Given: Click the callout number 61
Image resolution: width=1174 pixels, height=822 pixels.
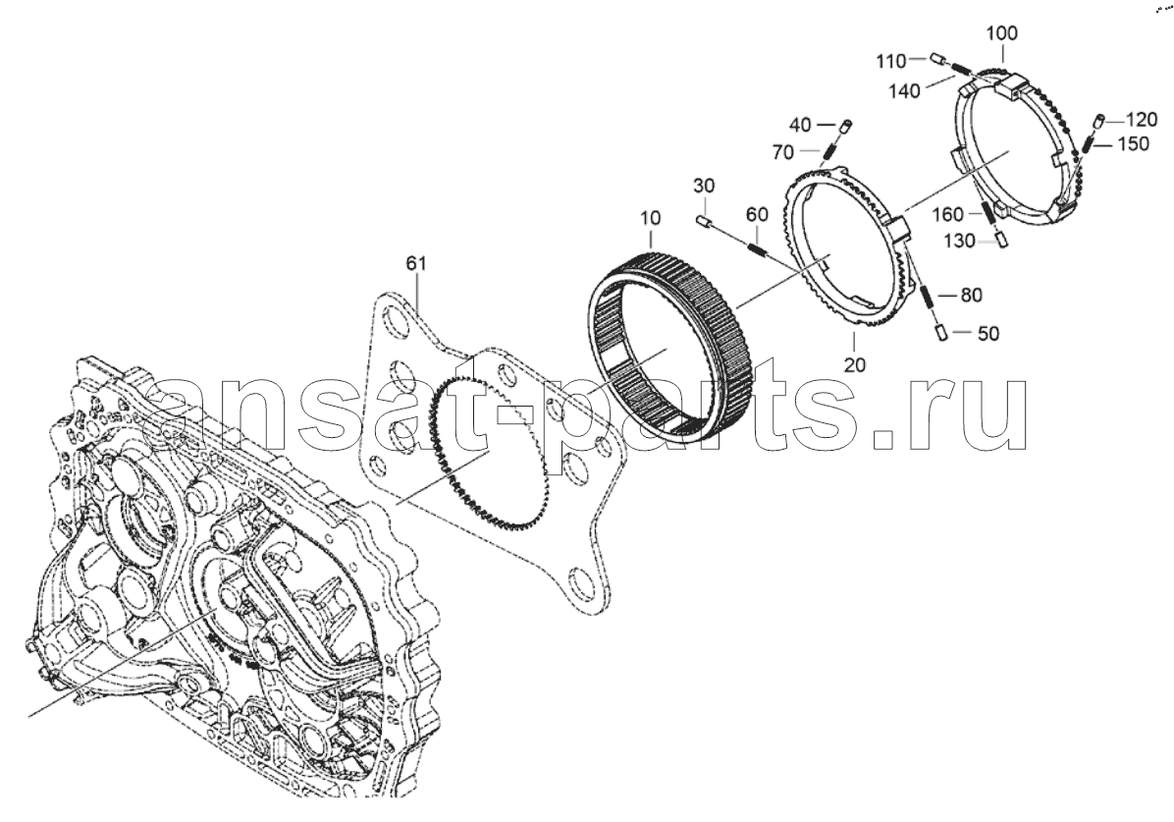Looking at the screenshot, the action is click(x=416, y=263).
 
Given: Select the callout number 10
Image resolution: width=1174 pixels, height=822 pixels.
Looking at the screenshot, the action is click(x=651, y=218).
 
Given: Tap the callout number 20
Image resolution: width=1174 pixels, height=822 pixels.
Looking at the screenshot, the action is click(x=854, y=365).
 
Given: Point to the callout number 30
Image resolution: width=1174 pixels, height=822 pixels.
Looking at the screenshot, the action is click(x=704, y=185).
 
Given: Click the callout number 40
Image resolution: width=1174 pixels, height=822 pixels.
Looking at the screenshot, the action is click(x=800, y=125).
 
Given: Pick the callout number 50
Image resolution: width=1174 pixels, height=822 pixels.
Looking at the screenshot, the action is click(x=988, y=334).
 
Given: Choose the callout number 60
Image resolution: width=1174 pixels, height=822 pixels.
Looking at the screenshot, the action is click(x=757, y=214).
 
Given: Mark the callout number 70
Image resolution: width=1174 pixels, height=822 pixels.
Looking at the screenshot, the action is click(x=782, y=153).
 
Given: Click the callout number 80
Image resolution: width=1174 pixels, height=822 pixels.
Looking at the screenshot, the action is click(x=971, y=296).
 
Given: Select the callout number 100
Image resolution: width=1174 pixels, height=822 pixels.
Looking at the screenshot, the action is click(x=1002, y=33).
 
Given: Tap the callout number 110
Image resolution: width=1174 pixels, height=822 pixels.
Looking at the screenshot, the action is click(x=891, y=61).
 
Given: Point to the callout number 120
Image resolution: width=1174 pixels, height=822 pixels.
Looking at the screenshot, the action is click(x=1142, y=119).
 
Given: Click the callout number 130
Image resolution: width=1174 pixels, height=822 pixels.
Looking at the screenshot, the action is click(x=960, y=241).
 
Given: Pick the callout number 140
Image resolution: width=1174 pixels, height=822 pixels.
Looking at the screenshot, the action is click(x=904, y=91).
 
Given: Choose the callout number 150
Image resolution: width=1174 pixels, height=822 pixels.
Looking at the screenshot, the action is click(x=1133, y=143).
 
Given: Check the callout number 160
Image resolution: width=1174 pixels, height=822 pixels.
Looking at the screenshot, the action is click(x=948, y=215).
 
